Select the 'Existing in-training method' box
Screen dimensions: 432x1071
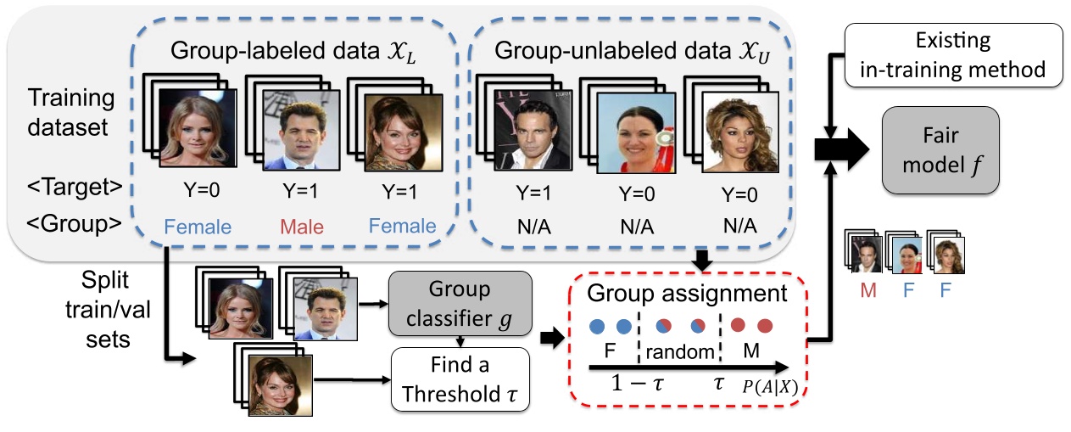(952, 53)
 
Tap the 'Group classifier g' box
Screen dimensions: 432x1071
(460, 302)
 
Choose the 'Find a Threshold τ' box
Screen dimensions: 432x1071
(460, 382)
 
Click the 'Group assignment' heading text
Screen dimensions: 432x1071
(688, 295)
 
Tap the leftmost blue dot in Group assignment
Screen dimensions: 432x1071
(598, 325)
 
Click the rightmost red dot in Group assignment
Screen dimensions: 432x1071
(765, 325)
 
